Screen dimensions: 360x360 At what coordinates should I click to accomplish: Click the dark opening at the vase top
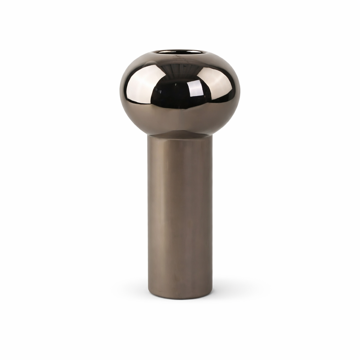tap(179, 52)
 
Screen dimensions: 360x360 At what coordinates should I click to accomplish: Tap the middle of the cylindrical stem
tap(180, 214)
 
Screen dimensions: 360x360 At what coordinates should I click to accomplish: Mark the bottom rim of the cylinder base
tap(180, 298)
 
